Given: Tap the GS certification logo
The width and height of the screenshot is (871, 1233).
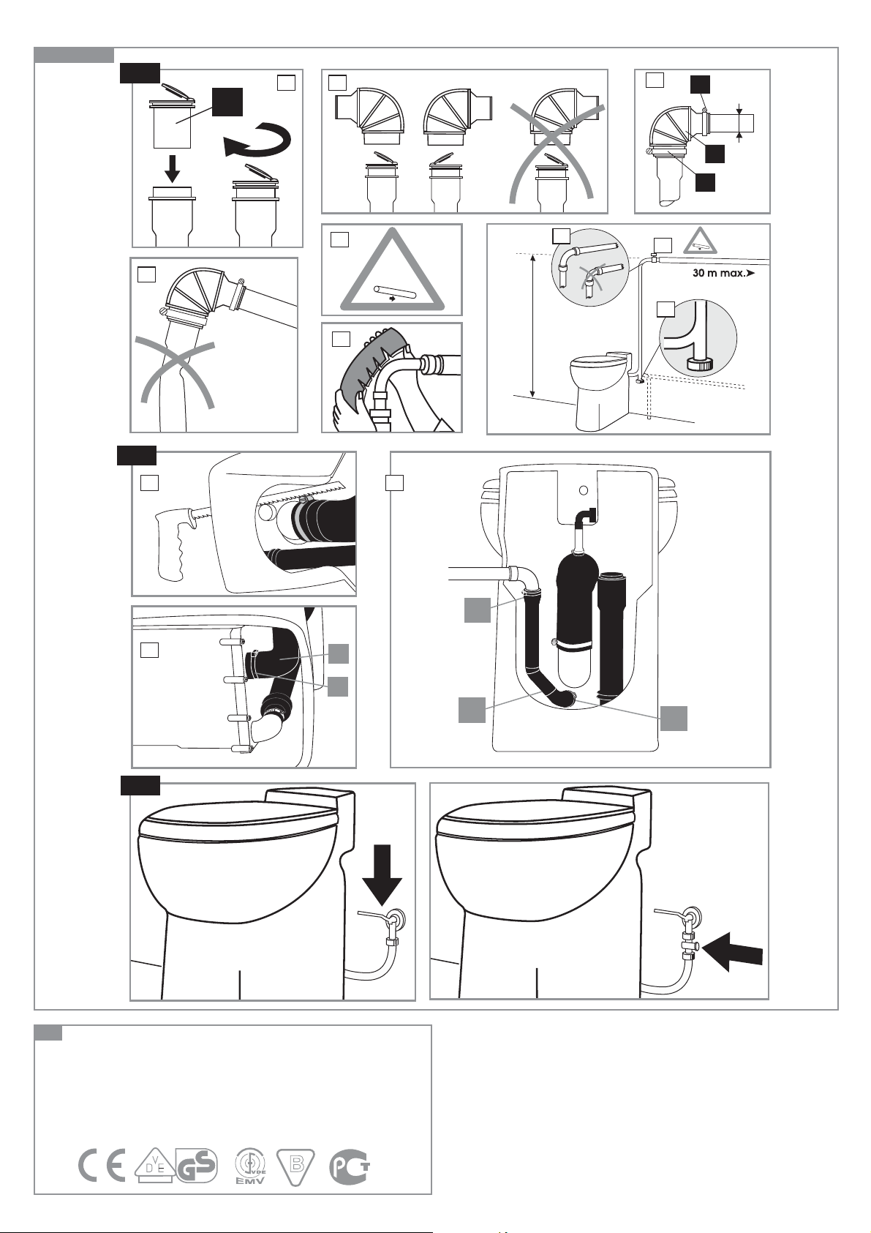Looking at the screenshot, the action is pyautogui.click(x=197, y=1165).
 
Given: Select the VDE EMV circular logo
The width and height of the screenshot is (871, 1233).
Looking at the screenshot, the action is pyautogui.click(x=251, y=1165).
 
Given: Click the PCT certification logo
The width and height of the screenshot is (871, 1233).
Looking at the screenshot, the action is pyautogui.click(x=350, y=1165).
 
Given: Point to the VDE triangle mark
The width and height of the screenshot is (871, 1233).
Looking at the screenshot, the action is pyautogui.click(x=155, y=1165).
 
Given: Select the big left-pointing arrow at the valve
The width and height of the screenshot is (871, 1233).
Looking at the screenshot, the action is pyautogui.click(x=733, y=951).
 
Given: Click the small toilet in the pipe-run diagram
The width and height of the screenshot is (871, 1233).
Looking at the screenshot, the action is pyautogui.click(x=602, y=392).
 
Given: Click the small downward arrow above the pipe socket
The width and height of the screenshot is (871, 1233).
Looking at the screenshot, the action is pyautogui.click(x=172, y=169).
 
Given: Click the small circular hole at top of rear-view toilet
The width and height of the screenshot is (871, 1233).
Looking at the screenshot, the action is pyautogui.click(x=584, y=490).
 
